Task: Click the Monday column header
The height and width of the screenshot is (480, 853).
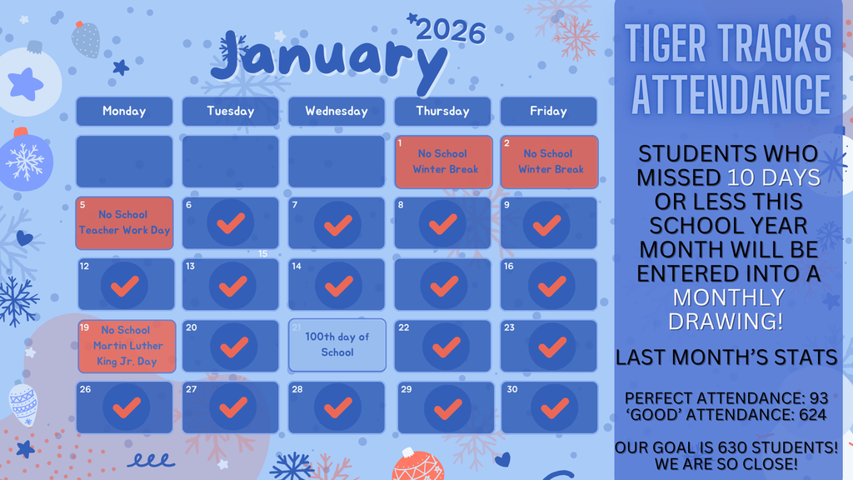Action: (x=124, y=111)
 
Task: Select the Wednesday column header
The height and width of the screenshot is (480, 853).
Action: (x=337, y=111)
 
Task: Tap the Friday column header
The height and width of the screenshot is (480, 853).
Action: (x=548, y=111)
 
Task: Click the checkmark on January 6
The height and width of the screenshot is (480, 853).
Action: (x=231, y=223)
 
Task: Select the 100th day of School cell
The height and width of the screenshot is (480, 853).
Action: (x=337, y=344)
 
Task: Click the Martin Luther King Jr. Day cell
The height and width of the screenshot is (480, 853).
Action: (x=126, y=346)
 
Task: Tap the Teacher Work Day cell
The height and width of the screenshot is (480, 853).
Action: (x=124, y=222)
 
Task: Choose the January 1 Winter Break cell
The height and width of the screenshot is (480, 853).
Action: (x=442, y=162)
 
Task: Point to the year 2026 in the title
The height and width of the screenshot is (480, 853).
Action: (x=450, y=32)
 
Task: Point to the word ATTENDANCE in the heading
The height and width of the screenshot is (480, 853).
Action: (x=730, y=94)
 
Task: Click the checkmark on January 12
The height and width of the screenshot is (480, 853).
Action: (x=124, y=286)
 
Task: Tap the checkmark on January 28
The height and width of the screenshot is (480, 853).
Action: (x=337, y=408)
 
